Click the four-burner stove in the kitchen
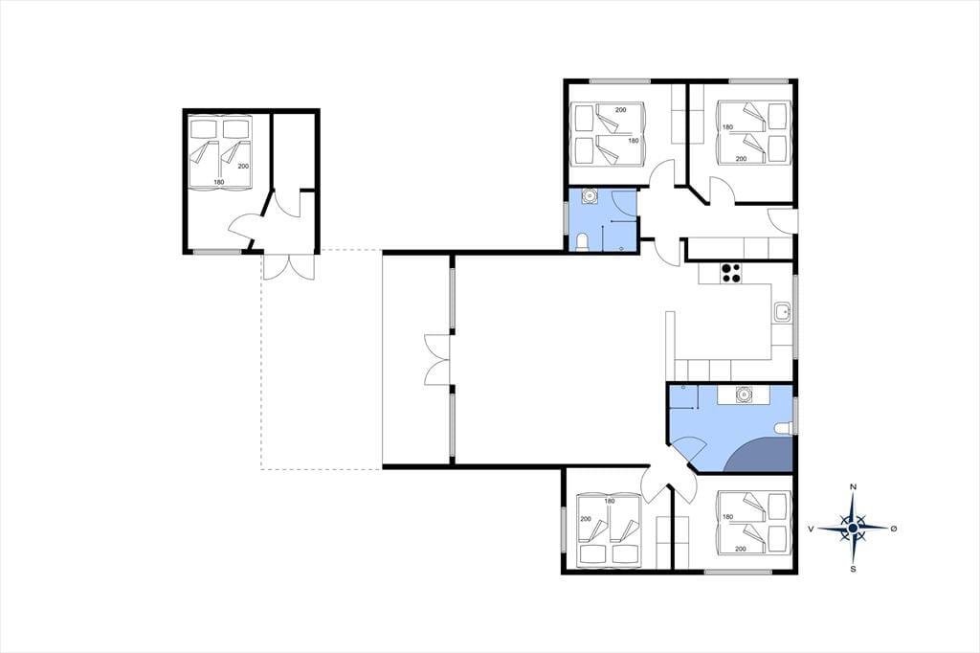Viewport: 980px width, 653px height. coord(731,273)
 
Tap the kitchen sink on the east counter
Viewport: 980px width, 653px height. coord(782,312)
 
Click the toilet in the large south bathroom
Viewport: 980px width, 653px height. coord(784,428)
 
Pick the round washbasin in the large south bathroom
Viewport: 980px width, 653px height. coord(744,395)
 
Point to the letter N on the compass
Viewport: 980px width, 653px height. coord(853,487)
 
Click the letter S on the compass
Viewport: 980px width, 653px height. coord(853,569)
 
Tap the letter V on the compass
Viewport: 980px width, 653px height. coord(811,529)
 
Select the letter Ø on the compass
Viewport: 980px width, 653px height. coord(894,529)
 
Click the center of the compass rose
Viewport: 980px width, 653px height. coord(853,529)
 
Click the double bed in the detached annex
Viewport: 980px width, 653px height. coord(219,150)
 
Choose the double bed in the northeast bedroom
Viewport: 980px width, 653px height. coord(753,132)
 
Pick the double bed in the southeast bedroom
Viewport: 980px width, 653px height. coord(753,522)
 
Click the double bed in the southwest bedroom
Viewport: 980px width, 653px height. coord(609,531)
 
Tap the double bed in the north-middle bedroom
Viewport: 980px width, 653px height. coord(608,134)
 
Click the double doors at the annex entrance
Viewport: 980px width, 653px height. coord(287,266)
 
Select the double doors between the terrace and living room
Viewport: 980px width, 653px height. coord(437,359)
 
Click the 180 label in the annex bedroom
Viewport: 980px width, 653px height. coord(219,182)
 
